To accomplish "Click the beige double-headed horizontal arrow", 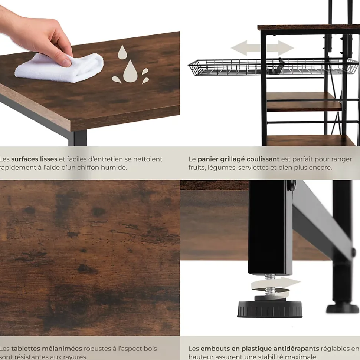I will (x=262, y=48).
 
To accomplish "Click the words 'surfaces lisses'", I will (x=34, y=159).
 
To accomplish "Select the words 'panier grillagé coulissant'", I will (x=238, y=159).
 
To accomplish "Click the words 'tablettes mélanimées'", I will (x=46, y=349).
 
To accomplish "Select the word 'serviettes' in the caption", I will (x=249, y=168).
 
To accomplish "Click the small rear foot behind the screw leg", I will (x=342, y=307).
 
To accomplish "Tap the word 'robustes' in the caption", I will (x=98, y=349).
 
